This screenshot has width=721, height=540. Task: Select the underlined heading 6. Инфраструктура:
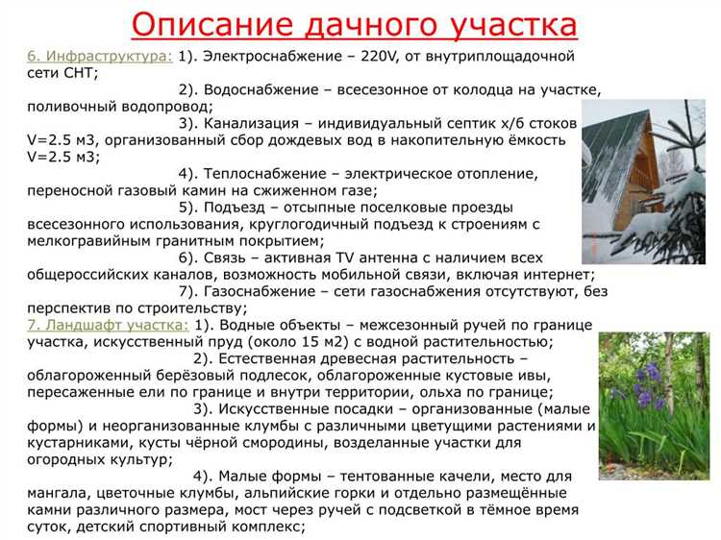pyautogui.click(x=100, y=56)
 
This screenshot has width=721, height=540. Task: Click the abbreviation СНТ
pyautogui.click(x=79, y=72)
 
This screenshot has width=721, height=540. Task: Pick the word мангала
pyautogui.click(x=62, y=494)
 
